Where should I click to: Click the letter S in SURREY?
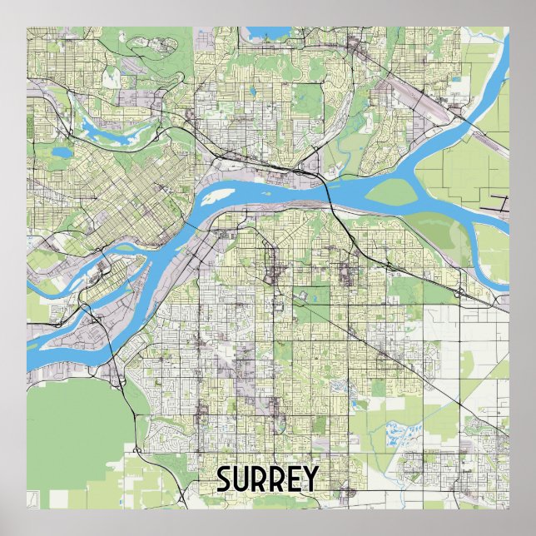225,479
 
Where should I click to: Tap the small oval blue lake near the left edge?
61,153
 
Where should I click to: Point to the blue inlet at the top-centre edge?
267,36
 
